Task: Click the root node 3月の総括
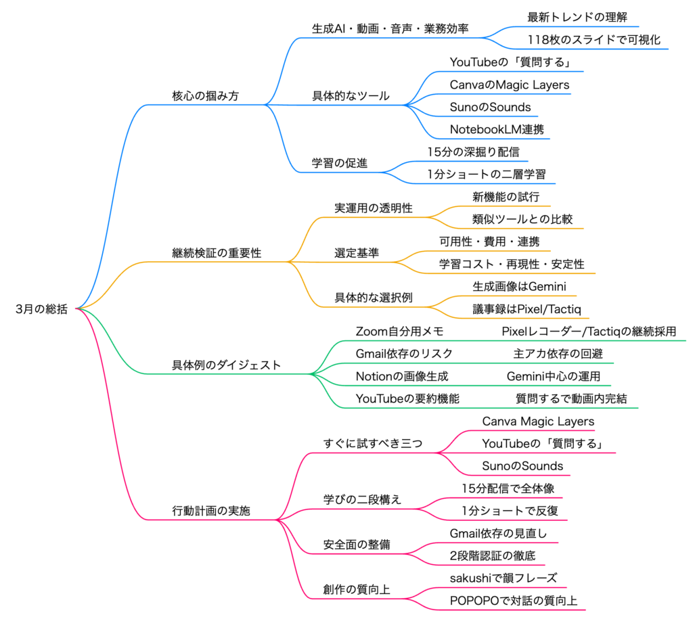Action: [41, 309]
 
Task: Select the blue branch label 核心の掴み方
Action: [205, 96]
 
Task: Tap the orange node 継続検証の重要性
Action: [217, 253]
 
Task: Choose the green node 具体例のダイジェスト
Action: [226, 365]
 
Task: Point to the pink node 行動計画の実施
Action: [211, 511]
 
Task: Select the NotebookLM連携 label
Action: [496, 129]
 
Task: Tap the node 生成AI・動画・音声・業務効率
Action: [390, 29]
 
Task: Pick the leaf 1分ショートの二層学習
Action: [486, 174]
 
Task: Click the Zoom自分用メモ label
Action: [399, 332]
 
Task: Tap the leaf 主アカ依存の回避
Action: [558, 353]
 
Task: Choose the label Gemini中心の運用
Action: [554, 376]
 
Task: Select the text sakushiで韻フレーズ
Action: [504, 578]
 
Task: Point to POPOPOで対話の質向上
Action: [514, 600]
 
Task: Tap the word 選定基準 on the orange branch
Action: [357, 253]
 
